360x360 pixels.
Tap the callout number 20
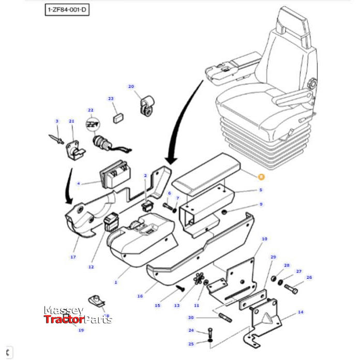(x=131, y=86)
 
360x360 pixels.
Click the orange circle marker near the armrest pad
(x=261, y=177)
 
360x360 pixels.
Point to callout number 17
(x=73, y=257)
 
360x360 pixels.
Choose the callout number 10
(x=264, y=239)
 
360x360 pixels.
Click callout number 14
(x=300, y=312)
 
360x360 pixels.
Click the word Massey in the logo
(x=63, y=310)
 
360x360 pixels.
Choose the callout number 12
(x=91, y=267)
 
